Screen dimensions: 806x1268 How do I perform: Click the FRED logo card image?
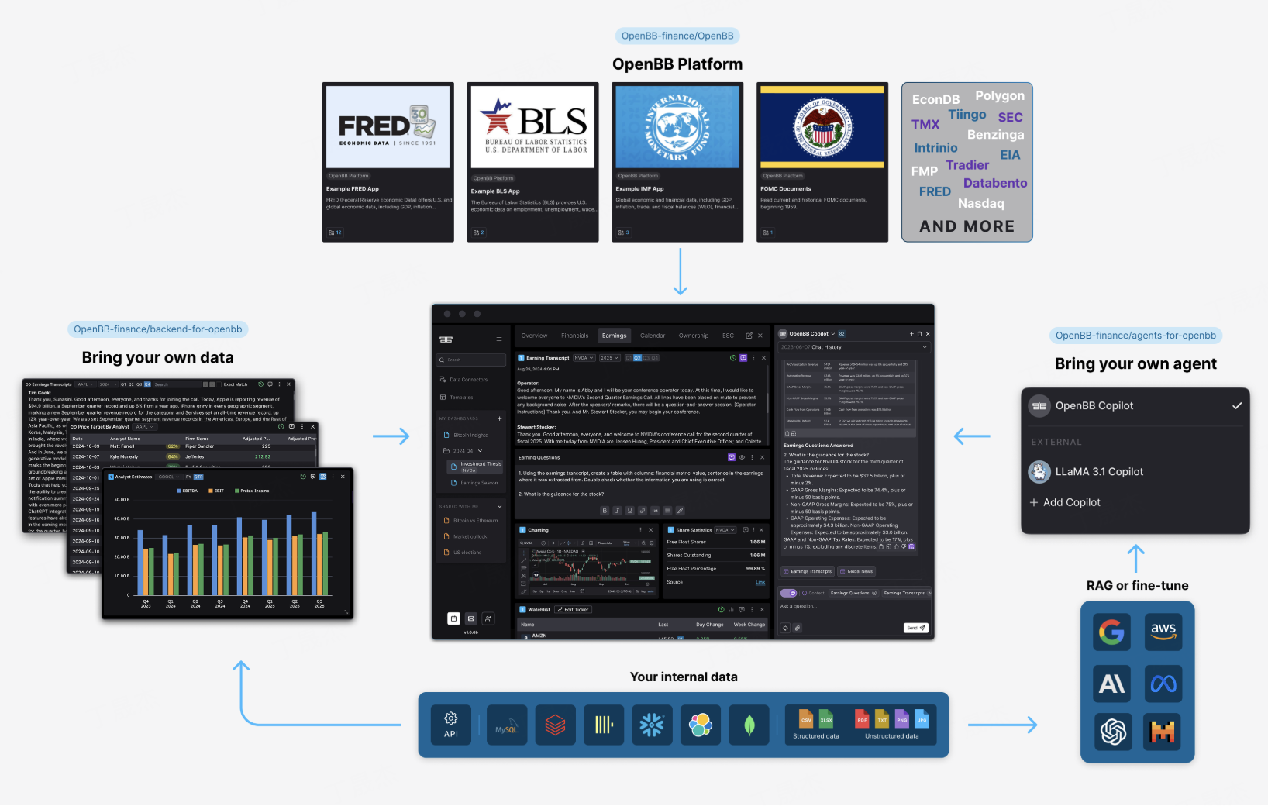(x=388, y=126)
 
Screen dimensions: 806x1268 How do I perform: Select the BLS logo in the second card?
(x=533, y=126)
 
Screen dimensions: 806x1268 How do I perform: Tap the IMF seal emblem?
(x=677, y=126)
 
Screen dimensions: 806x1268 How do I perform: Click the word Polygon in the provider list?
(x=1000, y=96)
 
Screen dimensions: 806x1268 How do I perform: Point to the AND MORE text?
(x=967, y=226)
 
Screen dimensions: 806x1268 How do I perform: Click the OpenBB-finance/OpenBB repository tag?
(x=677, y=36)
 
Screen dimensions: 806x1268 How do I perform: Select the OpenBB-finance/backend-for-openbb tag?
(x=158, y=329)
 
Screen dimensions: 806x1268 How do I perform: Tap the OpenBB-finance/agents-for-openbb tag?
(x=1135, y=336)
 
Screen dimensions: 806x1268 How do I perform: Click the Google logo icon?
(x=1111, y=632)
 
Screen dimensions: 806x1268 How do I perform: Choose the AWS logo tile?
(x=1163, y=632)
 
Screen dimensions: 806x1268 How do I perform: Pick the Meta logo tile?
(x=1163, y=683)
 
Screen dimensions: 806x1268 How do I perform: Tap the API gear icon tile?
(x=451, y=725)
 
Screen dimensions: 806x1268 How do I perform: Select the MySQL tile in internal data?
(x=507, y=725)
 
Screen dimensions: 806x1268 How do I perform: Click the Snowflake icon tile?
(x=652, y=725)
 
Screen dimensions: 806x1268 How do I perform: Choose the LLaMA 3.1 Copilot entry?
(x=1099, y=472)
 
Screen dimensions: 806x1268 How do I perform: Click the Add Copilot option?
(x=1071, y=502)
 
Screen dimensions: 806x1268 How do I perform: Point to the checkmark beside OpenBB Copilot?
(x=1237, y=405)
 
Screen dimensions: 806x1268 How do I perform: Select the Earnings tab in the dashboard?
(x=614, y=336)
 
